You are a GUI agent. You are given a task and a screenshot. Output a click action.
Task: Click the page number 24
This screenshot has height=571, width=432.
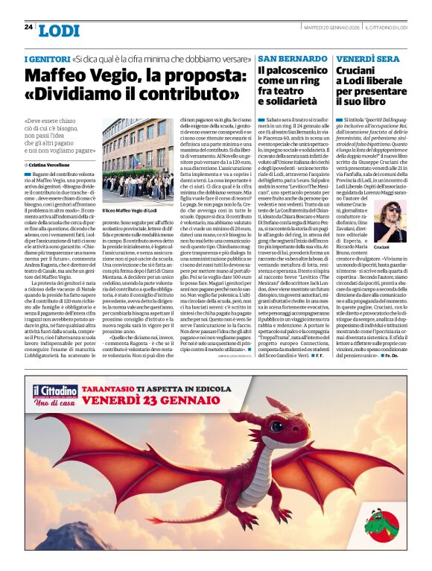(28, 27)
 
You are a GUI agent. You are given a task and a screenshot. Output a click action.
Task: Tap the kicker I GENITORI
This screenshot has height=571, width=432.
(47, 58)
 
